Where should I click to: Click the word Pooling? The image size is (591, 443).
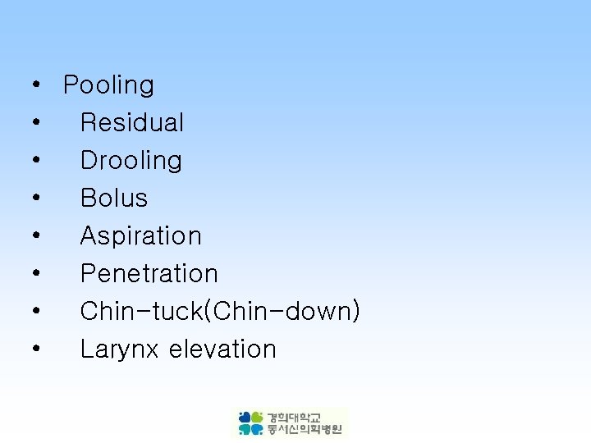click(x=108, y=85)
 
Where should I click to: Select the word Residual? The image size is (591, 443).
click(x=132, y=123)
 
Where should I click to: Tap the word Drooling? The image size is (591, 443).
click(x=131, y=161)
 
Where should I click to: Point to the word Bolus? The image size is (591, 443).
click(x=114, y=199)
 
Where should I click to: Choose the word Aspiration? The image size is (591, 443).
click(x=141, y=236)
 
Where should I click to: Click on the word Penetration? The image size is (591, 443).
click(x=149, y=274)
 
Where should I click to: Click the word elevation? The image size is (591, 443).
click(x=222, y=349)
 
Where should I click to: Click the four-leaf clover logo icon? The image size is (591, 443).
click(x=251, y=423)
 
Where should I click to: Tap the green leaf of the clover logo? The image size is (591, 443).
click(x=257, y=418)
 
